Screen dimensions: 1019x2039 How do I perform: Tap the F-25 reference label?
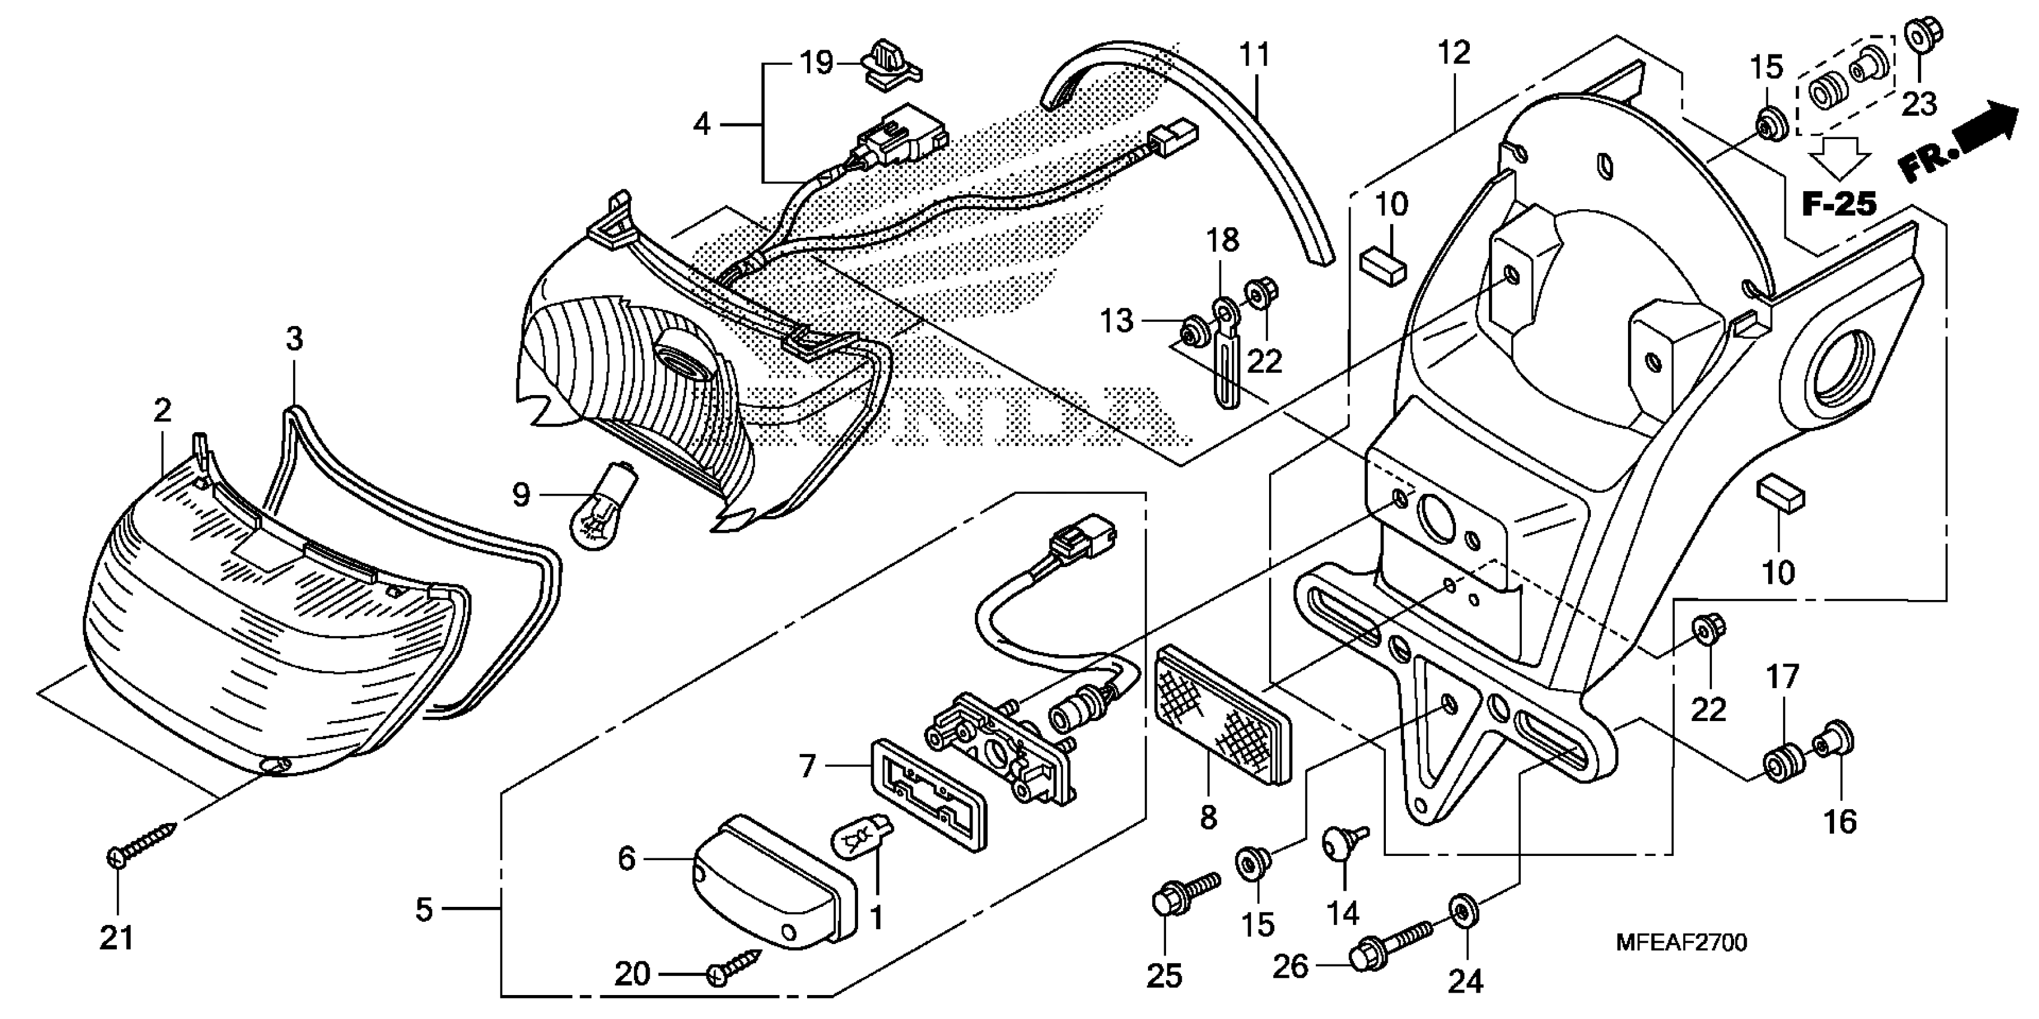(1839, 204)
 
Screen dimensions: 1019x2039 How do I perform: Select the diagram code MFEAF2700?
(1681, 942)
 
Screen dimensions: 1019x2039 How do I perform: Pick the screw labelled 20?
(736, 967)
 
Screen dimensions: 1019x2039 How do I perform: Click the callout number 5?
(424, 910)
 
